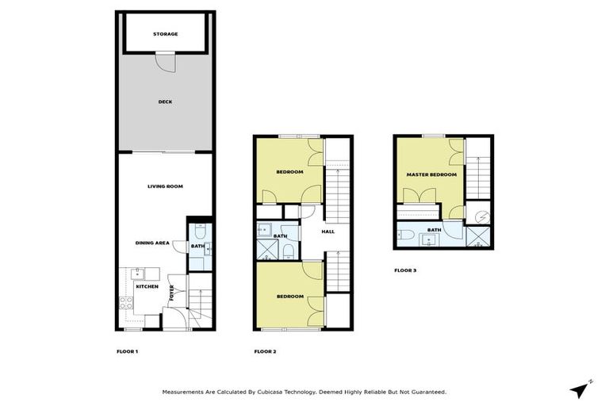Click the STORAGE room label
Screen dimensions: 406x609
166,34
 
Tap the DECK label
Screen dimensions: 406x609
165,101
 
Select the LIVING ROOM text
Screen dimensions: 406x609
165,186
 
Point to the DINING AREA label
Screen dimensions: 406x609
152,243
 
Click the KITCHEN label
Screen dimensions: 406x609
147,286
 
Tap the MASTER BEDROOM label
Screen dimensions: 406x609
431,174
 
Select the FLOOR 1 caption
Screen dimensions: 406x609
127,351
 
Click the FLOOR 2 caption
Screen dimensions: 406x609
265,351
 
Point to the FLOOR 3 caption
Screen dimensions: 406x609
405,270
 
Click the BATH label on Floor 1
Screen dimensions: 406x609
197,247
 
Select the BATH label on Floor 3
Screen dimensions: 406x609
434,230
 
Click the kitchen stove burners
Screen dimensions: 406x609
124,302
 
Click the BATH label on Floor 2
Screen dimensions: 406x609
280,236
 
